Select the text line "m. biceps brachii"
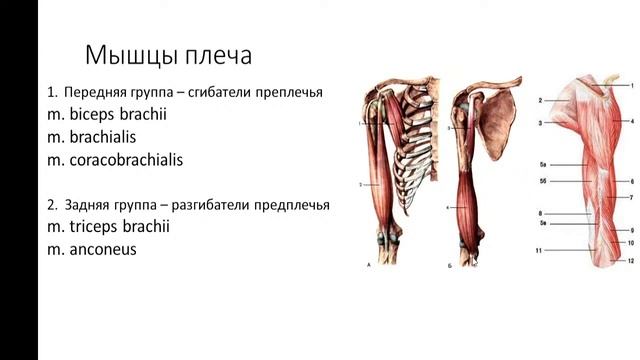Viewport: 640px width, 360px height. coord(106,114)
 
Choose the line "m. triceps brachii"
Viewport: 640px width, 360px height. coord(108,227)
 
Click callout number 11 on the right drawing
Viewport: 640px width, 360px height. coord(539,251)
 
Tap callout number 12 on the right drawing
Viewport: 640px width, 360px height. coord(631,260)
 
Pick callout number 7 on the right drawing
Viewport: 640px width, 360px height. coord(631,198)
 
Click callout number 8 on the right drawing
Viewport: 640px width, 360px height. coord(540,214)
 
